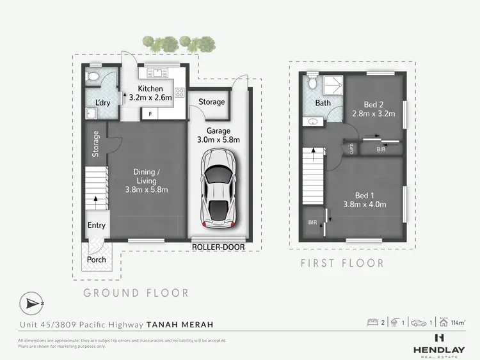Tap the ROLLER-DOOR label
point(218,247)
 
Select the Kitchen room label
point(150,89)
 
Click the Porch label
point(96,260)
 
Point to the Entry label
point(97,225)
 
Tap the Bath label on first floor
point(323,102)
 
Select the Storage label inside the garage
point(211,102)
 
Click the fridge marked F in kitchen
point(150,114)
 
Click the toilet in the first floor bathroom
point(312,83)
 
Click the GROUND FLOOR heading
point(136,293)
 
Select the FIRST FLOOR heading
point(342,263)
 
